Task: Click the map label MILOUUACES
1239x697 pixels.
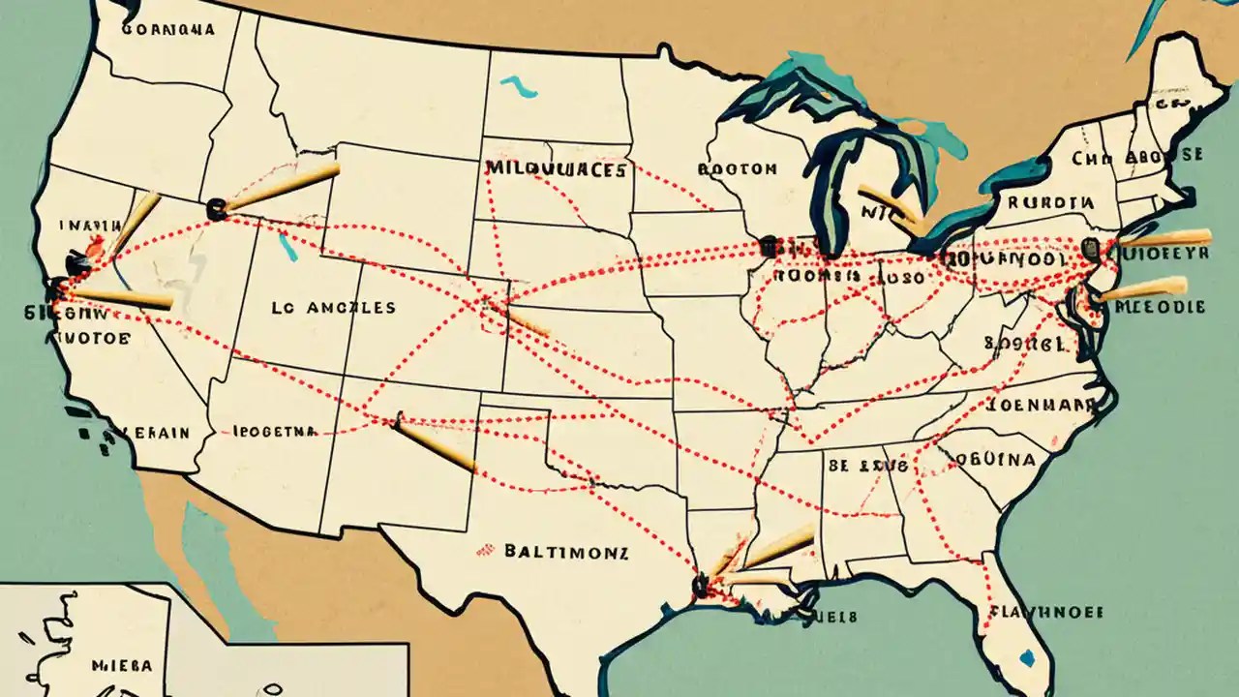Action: click(x=557, y=168)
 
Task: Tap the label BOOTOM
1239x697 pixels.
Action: click(x=737, y=168)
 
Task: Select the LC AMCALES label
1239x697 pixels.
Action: click(x=333, y=308)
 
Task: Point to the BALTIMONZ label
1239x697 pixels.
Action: click(x=566, y=553)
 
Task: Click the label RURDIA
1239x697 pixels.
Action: click(x=1050, y=203)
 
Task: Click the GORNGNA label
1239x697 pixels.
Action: click(x=168, y=29)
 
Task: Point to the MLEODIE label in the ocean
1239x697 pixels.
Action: click(x=1161, y=307)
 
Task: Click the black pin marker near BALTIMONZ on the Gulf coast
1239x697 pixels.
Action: click(x=699, y=584)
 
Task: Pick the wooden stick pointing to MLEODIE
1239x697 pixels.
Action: click(x=1142, y=288)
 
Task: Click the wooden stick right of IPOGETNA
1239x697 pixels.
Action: click(x=435, y=446)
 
